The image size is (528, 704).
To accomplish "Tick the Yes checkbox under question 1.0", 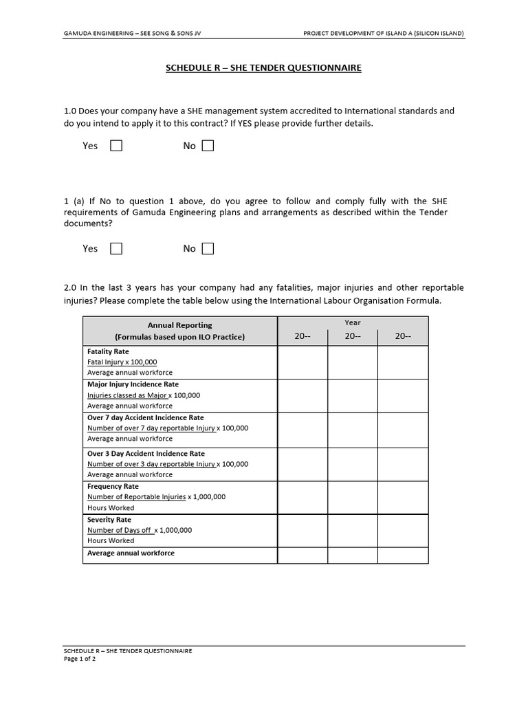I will pos(116,146).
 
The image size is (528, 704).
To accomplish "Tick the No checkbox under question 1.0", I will pos(208,146).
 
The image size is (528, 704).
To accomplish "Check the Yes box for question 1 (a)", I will pos(116,249).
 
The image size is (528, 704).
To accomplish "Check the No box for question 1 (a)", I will pos(208,249).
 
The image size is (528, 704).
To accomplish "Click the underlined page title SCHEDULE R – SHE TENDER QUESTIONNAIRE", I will pos(263,68).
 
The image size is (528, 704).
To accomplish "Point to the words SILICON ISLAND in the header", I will pos(440,33).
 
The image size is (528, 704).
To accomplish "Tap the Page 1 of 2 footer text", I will pos(79,659).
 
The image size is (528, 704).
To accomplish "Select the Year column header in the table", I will pos(353,322).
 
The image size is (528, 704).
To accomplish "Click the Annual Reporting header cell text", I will pos(180,325).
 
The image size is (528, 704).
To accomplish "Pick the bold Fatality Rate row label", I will pos(108,351).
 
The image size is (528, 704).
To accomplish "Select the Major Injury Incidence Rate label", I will pos(133,384).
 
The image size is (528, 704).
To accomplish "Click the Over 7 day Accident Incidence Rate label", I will pos(145,417).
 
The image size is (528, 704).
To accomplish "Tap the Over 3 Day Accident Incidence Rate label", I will pos(146,454).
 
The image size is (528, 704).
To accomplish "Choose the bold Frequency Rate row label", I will pos(113,486).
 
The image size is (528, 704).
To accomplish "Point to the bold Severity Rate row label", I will pos(109,520).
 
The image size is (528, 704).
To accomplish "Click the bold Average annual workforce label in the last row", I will pos(131,553).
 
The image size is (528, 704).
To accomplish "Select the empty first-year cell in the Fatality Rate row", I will pos(302,362).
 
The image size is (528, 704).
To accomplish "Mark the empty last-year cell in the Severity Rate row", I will pos(403,530).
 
